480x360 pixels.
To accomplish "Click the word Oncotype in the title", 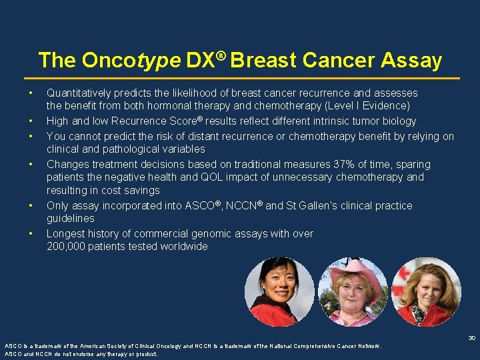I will pos(131,61).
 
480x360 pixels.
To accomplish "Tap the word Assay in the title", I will pos(411,61).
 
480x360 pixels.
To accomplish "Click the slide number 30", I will pos(471,338).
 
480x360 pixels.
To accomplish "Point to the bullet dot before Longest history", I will pos(30,233).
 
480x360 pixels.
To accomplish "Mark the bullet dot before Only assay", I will pos(30,205).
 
